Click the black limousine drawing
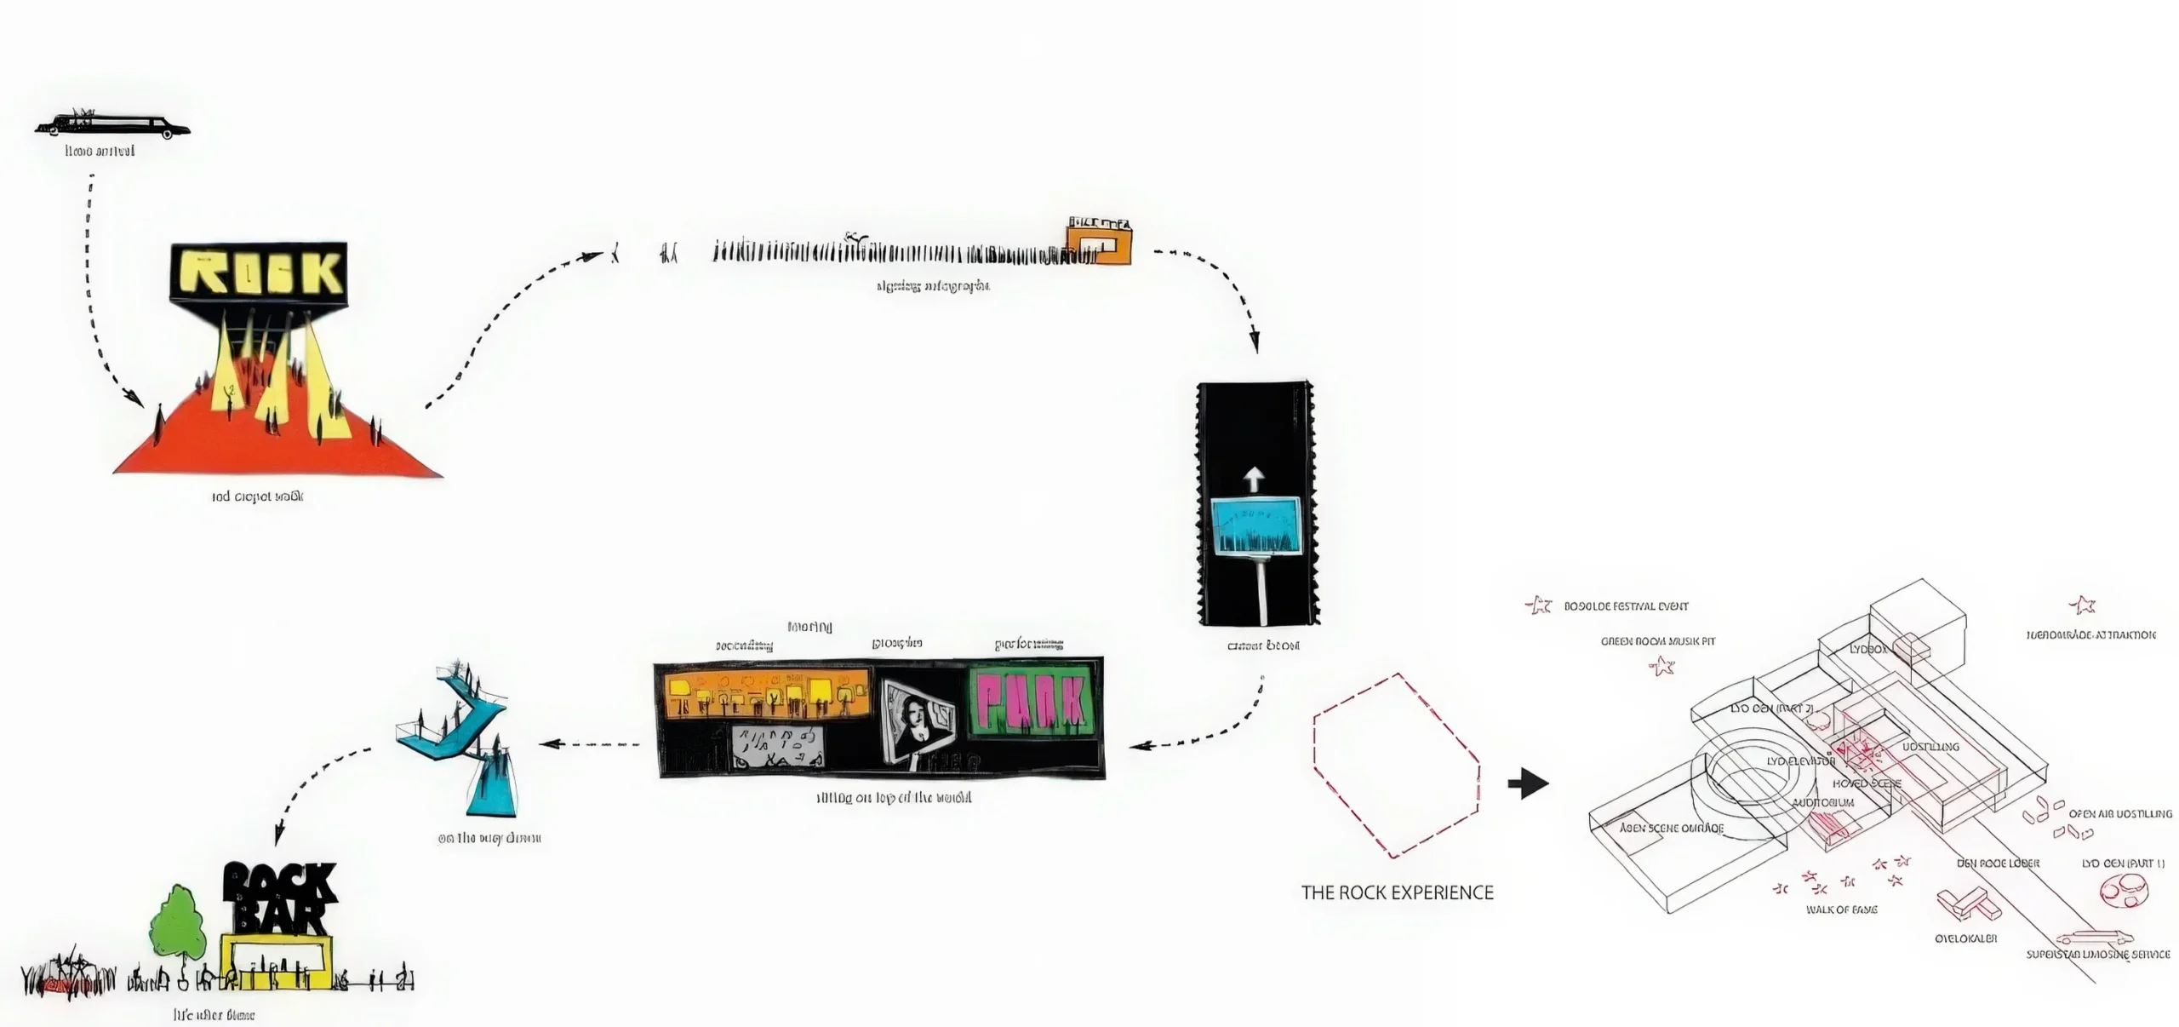112,127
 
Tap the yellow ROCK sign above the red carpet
259,273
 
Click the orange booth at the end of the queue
1102,243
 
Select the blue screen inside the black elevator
1255,525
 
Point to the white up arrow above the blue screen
1255,478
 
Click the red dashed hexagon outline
1396,765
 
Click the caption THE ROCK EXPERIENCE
1397,892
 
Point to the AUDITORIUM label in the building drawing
1822,802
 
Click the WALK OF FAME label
1841,909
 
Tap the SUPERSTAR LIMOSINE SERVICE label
2097,955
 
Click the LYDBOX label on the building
1867,649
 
